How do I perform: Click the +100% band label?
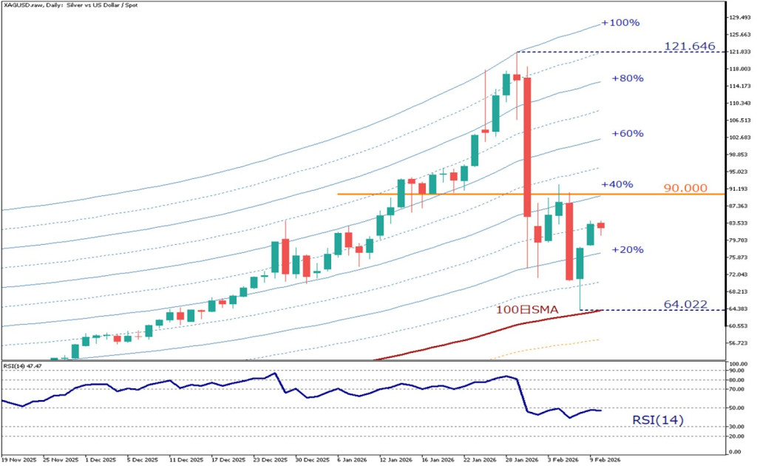pos(619,23)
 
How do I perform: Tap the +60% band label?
pos(627,134)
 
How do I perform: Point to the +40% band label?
pos(617,183)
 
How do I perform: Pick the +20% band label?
pos(627,250)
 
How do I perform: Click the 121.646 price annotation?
pos(689,47)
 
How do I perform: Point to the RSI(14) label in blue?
pos(658,420)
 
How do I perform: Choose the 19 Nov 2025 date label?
pos(18,459)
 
